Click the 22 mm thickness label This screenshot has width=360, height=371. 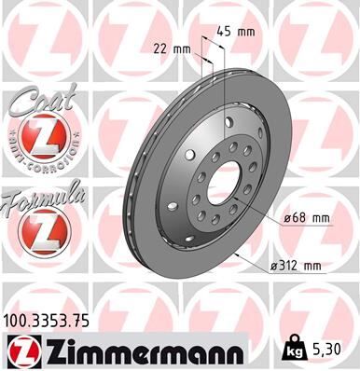[x=173, y=48]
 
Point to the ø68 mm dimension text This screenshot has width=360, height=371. [x=306, y=218]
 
